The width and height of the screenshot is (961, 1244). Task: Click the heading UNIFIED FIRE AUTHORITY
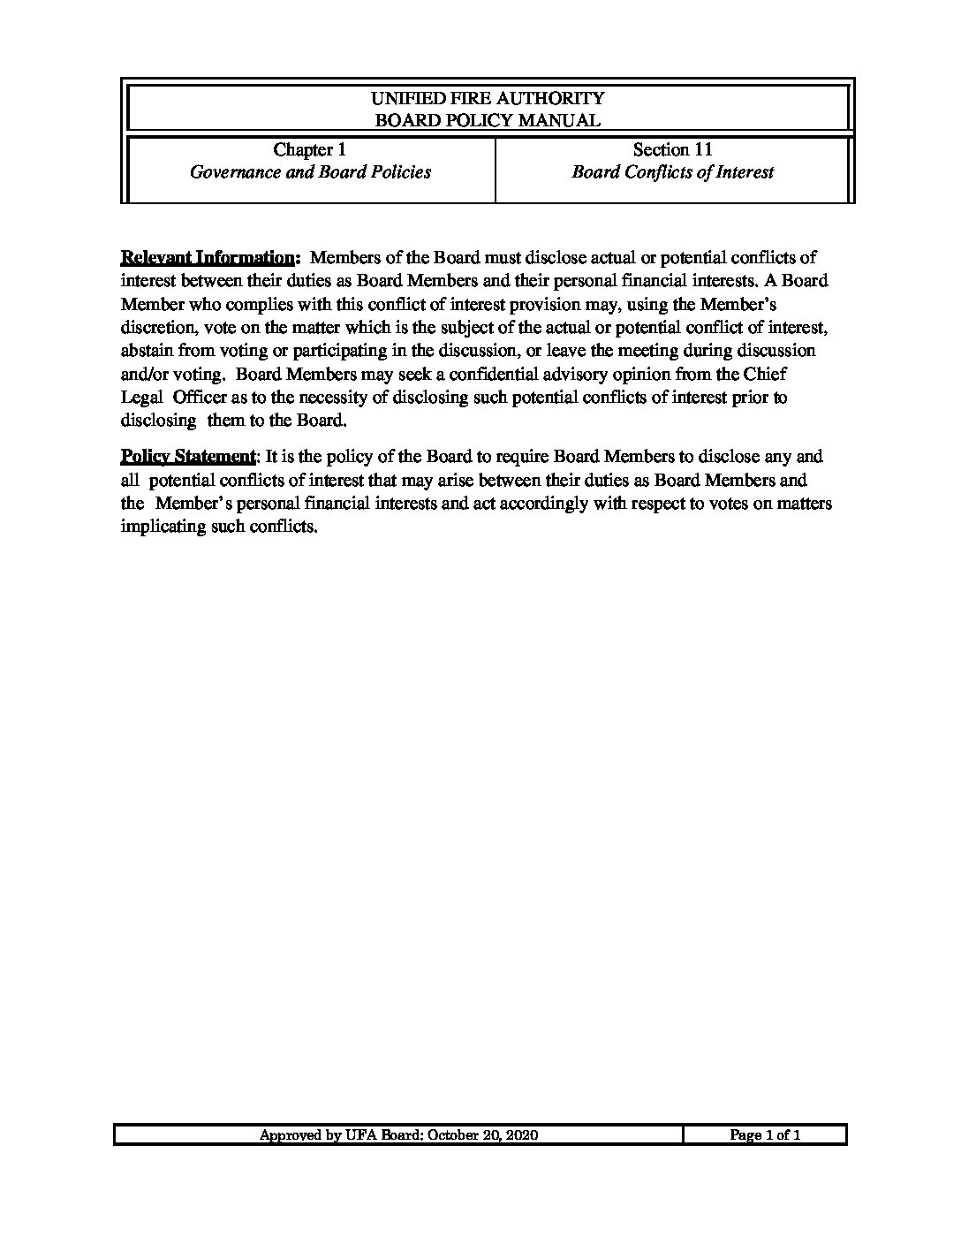488,98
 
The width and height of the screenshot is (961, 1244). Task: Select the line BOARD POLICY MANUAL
488,121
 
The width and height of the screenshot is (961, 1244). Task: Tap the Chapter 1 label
309,149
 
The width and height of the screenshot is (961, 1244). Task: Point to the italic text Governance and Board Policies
310,172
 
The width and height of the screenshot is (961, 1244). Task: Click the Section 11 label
672,149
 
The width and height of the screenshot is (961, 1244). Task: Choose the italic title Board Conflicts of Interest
672,172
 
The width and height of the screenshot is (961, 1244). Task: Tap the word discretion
156,328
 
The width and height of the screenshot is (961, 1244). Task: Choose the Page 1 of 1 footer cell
765,1135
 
